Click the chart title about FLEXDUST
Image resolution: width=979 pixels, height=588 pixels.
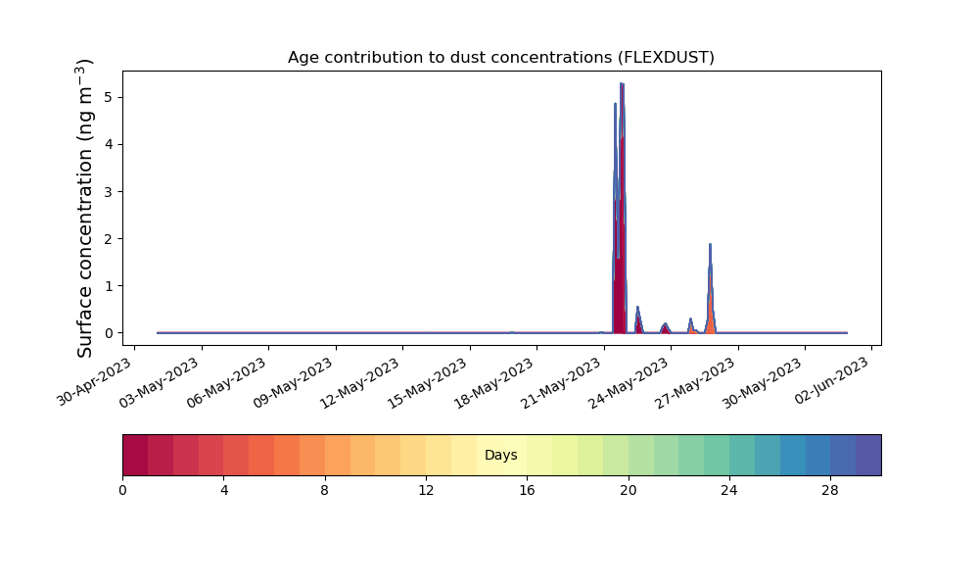coord(500,58)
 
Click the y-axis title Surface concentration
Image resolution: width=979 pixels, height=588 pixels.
coord(85,208)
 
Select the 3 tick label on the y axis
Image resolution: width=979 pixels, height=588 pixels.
coord(110,192)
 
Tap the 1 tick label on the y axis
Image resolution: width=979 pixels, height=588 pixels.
coord(110,286)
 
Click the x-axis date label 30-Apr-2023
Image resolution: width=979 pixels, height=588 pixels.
coord(95,382)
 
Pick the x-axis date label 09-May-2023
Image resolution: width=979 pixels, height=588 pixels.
coord(292,383)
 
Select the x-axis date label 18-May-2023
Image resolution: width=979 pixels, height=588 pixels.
coord(493,383)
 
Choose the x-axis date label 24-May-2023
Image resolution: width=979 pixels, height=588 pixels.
coord(628,383)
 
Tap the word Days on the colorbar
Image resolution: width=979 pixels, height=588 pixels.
coord(500,455)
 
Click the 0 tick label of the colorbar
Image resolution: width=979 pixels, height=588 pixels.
coord(122,491)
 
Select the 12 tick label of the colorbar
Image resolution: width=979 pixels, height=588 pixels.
coord(426,491)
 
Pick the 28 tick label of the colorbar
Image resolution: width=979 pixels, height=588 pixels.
coord(830,491)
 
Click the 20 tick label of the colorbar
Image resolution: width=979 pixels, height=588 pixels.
coord(629,491)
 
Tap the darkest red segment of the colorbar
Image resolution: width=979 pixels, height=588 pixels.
coord(135,455)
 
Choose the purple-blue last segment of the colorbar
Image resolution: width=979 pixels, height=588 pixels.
coord(868,455)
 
